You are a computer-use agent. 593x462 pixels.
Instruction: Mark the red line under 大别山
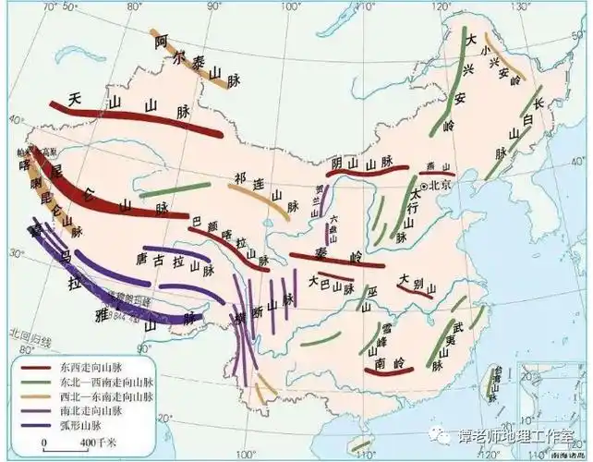[x=416, y=288]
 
